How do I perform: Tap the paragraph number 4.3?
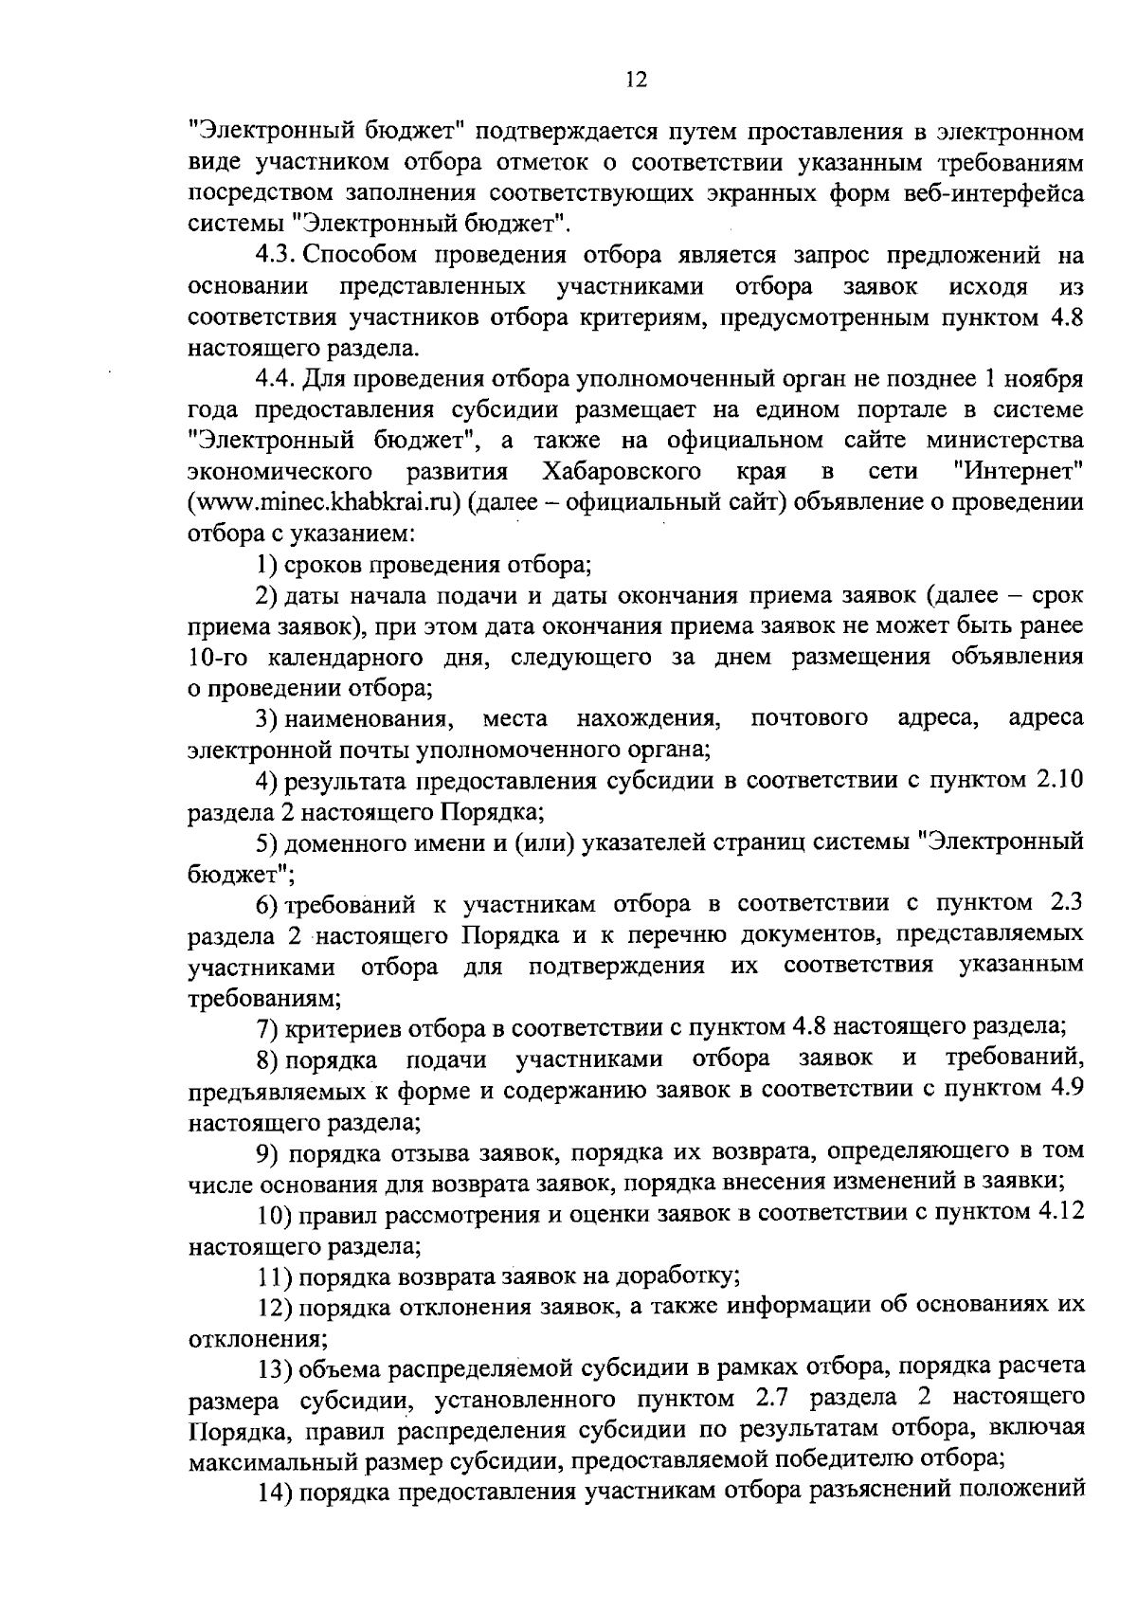(x=276, y=256)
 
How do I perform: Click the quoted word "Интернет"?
(x=1020, y=471)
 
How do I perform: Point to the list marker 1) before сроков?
(x=266, y=566)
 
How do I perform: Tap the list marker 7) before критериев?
(x=266, y=1026)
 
